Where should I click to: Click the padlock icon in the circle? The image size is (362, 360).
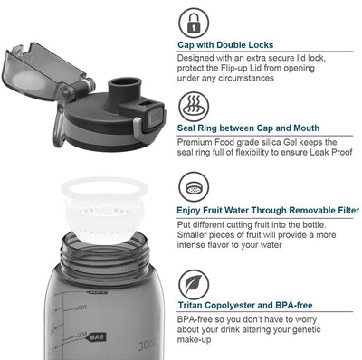pyautogui.click(x=194, y=23)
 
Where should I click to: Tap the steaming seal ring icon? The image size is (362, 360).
pyautogui.click(x=194, y=107)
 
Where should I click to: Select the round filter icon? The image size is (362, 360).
pyautogui.click(x=194, y=187)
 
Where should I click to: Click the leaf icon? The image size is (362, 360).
pyautogui.click(x=194, y=285)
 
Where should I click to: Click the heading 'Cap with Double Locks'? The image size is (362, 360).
pyautogui.click(x=225, y=45)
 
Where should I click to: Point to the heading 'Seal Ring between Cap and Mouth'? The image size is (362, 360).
pyautogui.click(x=248, y=128)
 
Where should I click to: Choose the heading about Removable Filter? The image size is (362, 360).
pyautogui.click(x=268, y=210)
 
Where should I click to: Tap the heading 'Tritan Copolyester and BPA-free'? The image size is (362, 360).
pyautogui.click(x=245, y=305)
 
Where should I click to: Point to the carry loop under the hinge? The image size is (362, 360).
pyautogui.click(x=59, y=128)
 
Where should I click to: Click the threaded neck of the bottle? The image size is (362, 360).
pyautogui.click(x=106, y=256)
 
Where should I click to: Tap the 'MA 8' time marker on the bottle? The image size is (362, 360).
pyautogui.click(x=97, y=336)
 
